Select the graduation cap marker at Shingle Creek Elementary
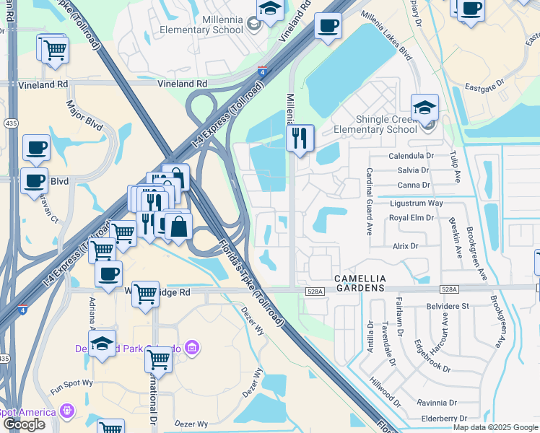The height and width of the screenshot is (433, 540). tap(425, 108)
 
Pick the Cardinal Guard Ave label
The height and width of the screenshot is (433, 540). tap(369, 201)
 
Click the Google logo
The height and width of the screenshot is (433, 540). tap(24, 424)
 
